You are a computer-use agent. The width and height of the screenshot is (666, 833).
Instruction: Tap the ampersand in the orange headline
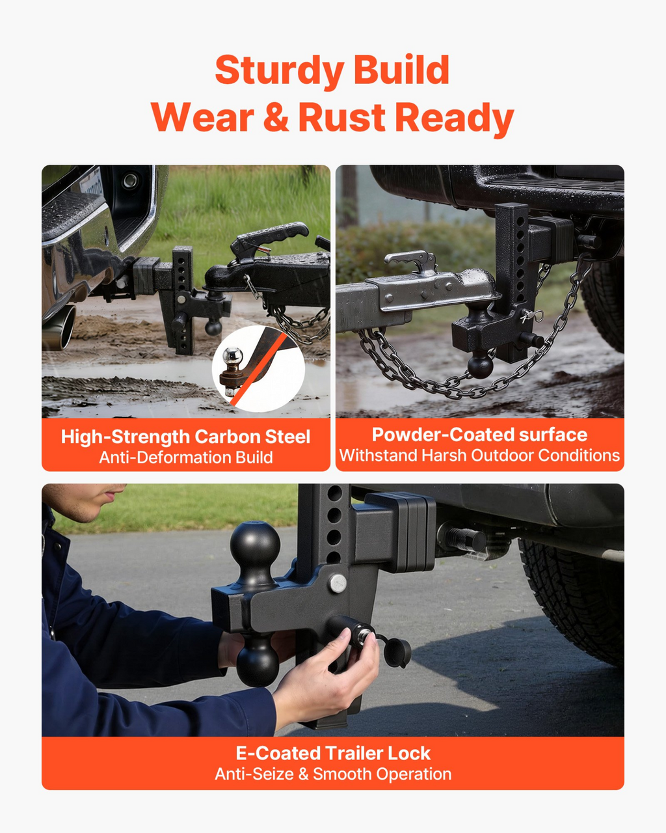(276, 117)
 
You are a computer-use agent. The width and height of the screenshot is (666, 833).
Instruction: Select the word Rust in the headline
(341, 117)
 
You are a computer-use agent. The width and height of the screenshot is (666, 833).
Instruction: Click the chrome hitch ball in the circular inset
(233, 356)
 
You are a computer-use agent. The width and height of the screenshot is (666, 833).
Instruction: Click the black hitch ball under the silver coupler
(480, 364)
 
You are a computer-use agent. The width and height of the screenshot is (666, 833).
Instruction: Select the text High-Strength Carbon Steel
(186, 437)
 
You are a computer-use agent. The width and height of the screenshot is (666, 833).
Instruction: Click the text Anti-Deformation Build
(186, 457)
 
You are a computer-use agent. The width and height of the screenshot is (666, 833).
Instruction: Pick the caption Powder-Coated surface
(479, 435)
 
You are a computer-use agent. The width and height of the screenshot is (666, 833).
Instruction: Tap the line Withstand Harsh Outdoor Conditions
(479, 456)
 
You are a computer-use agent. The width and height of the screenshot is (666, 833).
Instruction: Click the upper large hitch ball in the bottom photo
(255, 547)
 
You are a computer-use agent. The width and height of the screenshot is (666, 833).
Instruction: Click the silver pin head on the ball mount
(338, 583)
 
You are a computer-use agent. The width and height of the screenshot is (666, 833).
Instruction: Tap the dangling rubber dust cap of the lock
(398, 653)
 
